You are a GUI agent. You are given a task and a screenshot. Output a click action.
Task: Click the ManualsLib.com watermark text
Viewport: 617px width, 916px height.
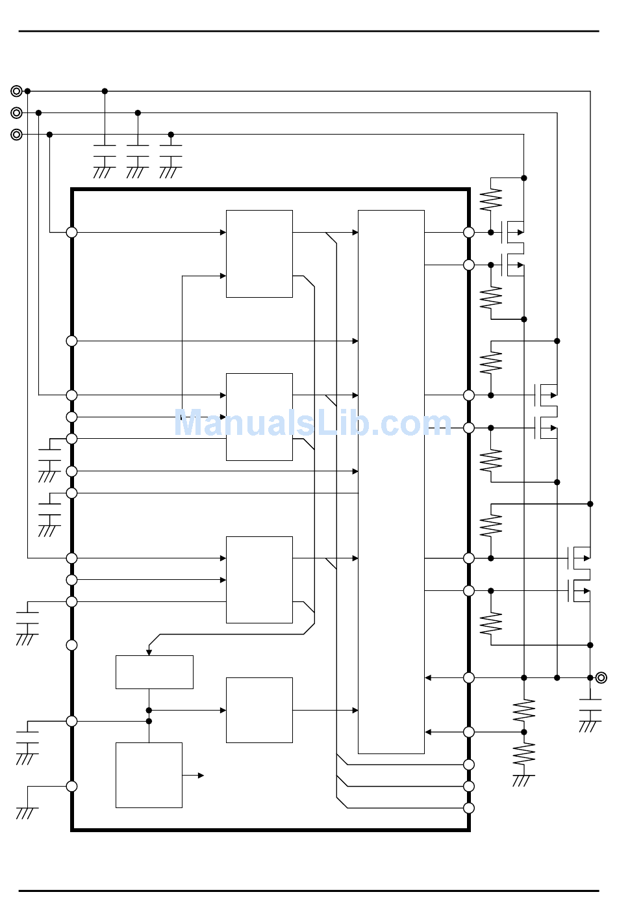312,423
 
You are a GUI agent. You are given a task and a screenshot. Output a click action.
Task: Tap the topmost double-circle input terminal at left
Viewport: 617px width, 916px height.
17,91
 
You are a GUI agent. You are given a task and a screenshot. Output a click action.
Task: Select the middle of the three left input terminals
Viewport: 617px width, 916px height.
17,113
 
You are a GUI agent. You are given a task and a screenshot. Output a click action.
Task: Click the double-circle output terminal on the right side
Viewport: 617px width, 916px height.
601,678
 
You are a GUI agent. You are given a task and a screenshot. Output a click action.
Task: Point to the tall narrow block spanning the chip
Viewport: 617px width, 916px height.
391,482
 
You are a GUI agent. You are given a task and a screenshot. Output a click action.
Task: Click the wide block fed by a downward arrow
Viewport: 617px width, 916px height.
155,672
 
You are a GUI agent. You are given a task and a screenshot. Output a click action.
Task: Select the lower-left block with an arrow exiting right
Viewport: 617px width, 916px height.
149,775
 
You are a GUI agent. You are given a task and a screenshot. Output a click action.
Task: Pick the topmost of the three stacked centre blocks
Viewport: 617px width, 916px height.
259,254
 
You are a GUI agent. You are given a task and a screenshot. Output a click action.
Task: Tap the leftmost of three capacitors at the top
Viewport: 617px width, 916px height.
105,151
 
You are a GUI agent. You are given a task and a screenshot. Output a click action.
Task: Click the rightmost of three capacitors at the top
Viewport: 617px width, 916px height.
171,151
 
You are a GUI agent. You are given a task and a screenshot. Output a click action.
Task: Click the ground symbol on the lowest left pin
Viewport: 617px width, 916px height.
27,813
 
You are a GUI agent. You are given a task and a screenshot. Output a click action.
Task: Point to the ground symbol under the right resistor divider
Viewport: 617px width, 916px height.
523,780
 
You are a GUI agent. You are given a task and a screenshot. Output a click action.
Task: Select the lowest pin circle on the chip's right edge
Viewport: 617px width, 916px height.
469,808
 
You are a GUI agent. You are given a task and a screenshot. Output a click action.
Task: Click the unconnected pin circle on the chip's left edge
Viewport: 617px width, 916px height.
71,645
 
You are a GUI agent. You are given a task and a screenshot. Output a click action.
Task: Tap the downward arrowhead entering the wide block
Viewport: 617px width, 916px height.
149,652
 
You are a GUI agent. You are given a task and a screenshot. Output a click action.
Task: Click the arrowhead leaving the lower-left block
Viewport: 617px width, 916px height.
201,776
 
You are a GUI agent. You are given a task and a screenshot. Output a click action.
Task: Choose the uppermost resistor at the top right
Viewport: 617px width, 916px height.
491,200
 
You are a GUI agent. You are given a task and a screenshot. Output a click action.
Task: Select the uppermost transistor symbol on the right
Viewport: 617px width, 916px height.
514,232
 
